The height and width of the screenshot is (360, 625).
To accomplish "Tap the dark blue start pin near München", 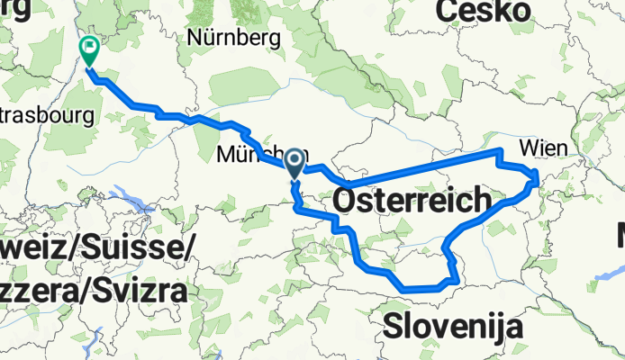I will click(294, 162).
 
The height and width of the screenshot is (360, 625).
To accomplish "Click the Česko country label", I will click(482, 12).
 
